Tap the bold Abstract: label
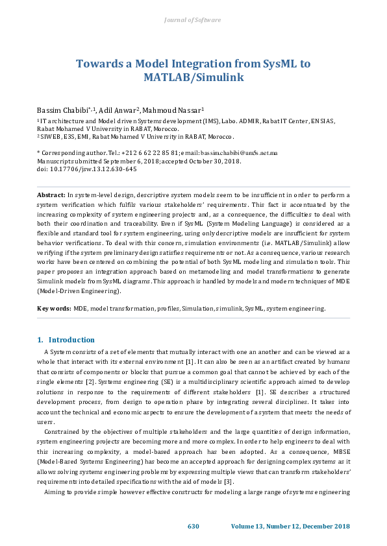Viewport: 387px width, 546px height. coord(51,195)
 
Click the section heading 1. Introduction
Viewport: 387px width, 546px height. coord(66,340)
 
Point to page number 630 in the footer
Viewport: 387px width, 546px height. coord(193,525)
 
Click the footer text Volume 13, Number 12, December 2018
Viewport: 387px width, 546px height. coord(290,525)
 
